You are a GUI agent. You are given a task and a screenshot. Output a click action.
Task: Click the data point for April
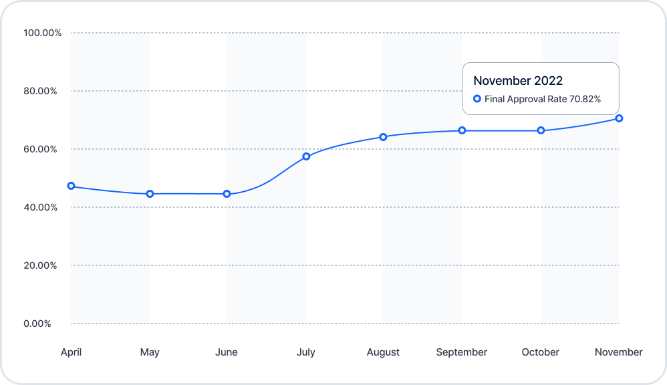click(71, 186)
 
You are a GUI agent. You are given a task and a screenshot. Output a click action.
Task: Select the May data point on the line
click(150, 194)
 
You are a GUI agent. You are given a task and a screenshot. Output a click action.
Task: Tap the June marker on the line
click(227, 194)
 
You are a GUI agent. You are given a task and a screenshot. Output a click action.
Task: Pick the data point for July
click(306, 156)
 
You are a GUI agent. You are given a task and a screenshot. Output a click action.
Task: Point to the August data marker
click(383, 137)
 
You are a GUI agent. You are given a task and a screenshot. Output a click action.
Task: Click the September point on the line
click(462, 130)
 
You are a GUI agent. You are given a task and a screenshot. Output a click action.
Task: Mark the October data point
click(541, 130)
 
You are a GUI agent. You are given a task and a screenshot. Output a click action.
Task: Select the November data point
click(620, 118)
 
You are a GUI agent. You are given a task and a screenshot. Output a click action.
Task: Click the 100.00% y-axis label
click(43, 33)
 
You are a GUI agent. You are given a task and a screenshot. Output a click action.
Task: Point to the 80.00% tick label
click(40, 91)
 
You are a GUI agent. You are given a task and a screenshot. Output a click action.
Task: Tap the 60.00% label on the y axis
click(40, 149)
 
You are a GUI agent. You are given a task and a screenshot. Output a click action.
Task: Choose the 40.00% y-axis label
click(40, 207)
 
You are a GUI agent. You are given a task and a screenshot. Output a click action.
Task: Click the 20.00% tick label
click(40, 265)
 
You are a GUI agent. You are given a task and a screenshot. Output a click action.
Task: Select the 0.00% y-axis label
click(37, 324)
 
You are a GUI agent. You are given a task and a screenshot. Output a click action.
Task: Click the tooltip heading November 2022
click(518, 81)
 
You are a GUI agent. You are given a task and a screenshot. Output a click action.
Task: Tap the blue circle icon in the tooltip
click(477, 99)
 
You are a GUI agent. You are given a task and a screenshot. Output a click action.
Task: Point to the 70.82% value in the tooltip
click(585, 99)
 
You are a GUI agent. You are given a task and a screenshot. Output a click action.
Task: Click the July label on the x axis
click(306, 352)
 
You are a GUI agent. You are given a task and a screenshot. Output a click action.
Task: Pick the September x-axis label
click(462, 352)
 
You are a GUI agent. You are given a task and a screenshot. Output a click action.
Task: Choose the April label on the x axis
click(71, 352)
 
